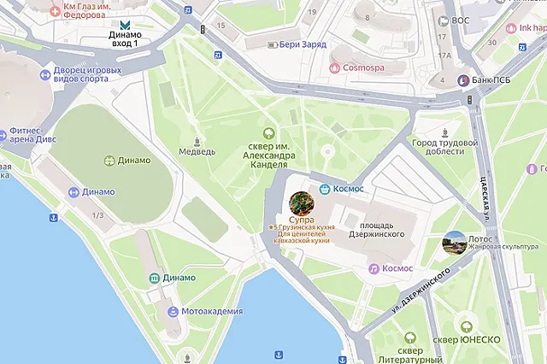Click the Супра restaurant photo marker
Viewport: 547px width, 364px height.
click(x=301, y=203)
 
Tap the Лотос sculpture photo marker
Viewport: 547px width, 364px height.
click(x=454, y=243)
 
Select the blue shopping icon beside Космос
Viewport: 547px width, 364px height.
click(x=325, y=188)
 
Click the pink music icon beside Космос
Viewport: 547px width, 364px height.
click(x=373, y=268)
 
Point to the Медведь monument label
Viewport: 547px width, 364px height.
click(x=197, y=152)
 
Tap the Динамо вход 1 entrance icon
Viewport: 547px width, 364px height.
click(x=126, y=24)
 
